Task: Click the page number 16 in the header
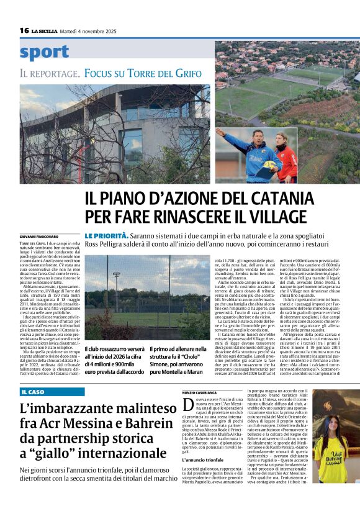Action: point(24,30)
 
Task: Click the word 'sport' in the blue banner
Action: point(45,52)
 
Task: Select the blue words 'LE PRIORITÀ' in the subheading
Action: point(107,236)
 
